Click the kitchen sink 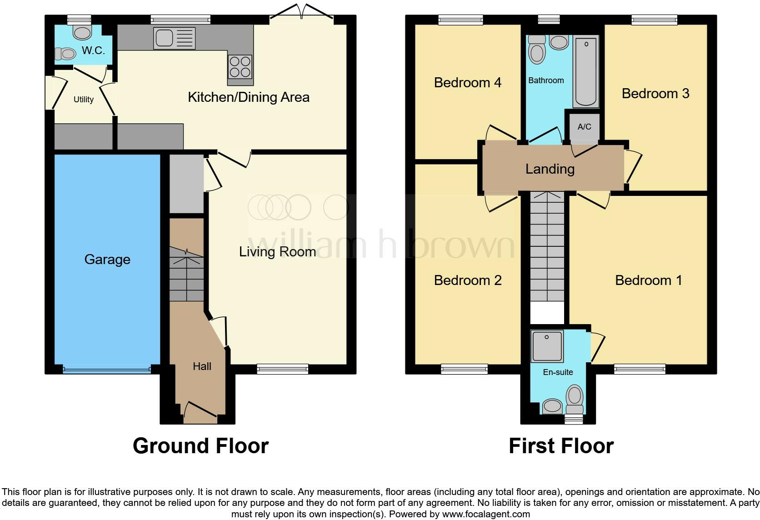click(174, 38)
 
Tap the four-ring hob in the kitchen click(240, 67)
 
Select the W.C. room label click(93, 50)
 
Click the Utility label click(84, 100)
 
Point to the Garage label click(107, 260)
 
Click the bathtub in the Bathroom click(586, 71)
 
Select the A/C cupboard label click(584, 127)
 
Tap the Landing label click(550, 169)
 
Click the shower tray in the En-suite click(547, 347)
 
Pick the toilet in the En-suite click(575, 398)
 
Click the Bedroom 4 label click(467, 83)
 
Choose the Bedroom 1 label click(648, 280)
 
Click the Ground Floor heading click(200, 446)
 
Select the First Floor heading click(561, 446)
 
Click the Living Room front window click(282, 369)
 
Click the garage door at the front click(107, 370)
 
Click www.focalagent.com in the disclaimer click(486, 515)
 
